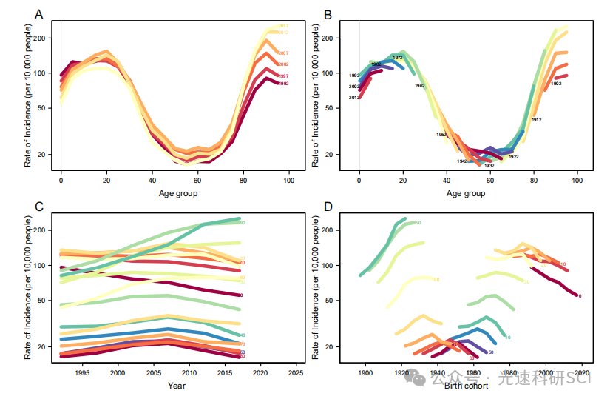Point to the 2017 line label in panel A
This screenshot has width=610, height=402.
pyautogui.click(x=283, y=26)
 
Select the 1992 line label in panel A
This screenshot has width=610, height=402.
pyautogui.click(x=283, y=84)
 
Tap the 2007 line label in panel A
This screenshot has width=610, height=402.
pyautogui.click(x=283, y=54)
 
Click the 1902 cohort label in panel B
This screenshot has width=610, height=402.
pyautogui.click(x=556, y=84)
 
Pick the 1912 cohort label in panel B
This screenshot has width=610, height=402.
pyautogui.click(x=537, y=119)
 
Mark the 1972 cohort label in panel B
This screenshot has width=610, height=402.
pyautogui.click(x=397, y=58)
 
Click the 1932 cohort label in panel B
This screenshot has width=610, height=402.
pyautogui.click(x=489, y=166)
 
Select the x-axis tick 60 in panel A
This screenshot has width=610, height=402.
pyautogui.click(x=197, y=181)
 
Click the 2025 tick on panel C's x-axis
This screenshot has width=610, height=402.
pyautogui.click(x=296, y=374)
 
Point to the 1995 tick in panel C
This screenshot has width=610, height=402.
pyautogui.click(x=82, y=374)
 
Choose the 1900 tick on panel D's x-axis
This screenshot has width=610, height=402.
pyautogui.click(x=365, y=374)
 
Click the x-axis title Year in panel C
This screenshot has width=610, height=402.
pyautogui.click(x=176, y=386)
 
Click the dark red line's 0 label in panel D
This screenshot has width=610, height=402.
pyautogui.click(x=579, y=296)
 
